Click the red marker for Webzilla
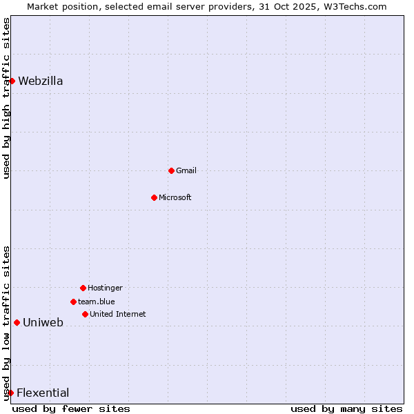pos(12,81)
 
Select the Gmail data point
pos(171,170)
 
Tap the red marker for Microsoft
pos(154,197)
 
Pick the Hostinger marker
pos(83,288)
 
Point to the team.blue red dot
pos(73,302)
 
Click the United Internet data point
pos(85,314)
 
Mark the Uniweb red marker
pos(17,322)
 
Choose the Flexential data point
pos(10,393)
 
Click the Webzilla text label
pos(41,81)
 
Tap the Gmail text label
pos(186,170)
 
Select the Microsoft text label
pos(175,197)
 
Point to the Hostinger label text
pos(105,288)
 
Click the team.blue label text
pos(97,302)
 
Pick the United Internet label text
pos(118,314)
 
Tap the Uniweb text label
pos(43,322)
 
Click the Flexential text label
pos(43,393)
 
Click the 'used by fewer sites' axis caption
pos(71,408)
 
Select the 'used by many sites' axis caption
pos(346,408)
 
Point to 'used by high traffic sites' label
pos(6,98)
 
